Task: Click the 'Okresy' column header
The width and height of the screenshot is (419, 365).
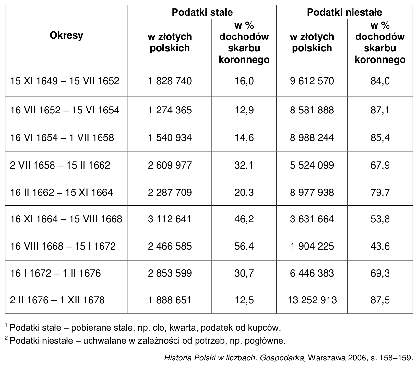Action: click(66, 36)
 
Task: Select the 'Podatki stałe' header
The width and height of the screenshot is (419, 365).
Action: click(202, 12)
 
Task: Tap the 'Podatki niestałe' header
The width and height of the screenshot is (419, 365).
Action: click(344, 12)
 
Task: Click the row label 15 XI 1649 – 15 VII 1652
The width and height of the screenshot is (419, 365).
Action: click(65, 81)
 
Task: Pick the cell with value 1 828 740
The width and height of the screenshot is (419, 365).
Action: click(170, 81)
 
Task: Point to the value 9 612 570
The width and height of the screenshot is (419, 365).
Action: click(312, 81)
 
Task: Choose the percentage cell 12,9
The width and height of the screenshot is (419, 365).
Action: click(244, 110)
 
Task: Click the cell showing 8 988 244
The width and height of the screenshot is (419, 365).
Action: click(312, 137)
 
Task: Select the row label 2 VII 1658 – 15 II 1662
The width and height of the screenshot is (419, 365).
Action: click(60, 165)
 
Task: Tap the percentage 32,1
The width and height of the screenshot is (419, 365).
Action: click(244, 165)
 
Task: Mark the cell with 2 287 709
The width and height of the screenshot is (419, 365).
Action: click(170, 193)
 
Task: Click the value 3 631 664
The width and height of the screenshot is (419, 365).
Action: click(312, 219)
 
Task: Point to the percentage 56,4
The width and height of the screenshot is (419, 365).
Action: click(244, 246)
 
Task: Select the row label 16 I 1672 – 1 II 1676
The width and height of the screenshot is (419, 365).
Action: click(55, 273)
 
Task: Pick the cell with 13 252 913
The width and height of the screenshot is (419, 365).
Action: click(312, 300)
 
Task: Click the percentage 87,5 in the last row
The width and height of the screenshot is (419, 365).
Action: click(380, 300)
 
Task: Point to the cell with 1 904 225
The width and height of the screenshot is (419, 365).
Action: click(312, 246)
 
